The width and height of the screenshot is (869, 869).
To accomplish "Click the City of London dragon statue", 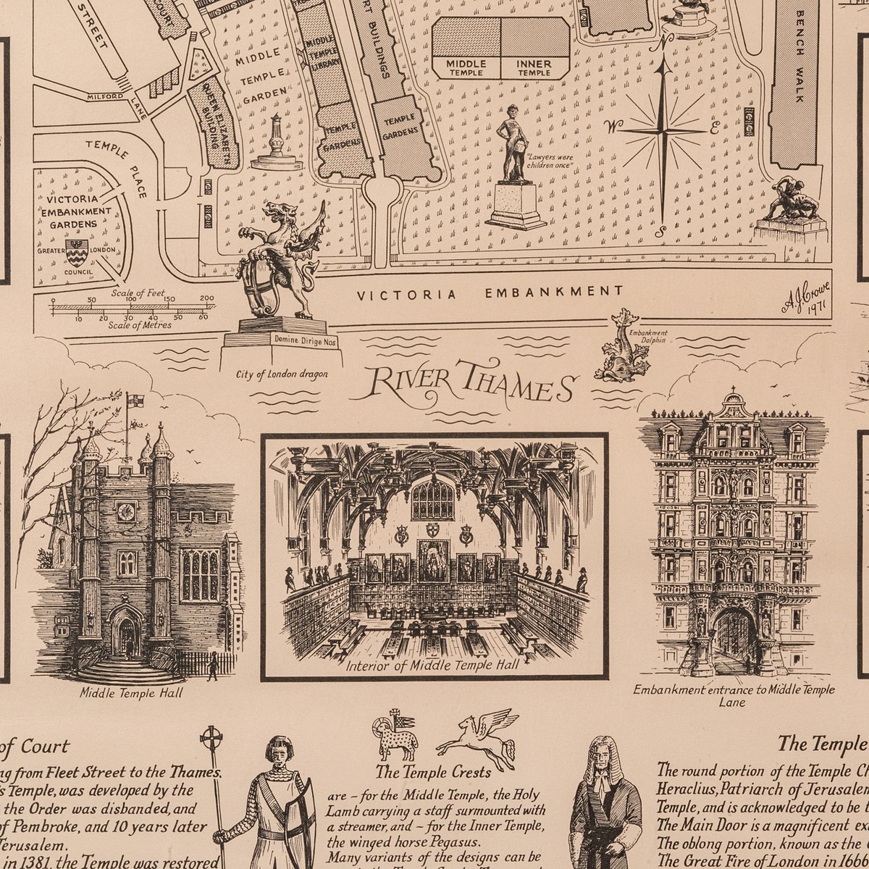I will pos(279,261).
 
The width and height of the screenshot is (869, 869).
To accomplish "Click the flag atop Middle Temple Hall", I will pos(135,400).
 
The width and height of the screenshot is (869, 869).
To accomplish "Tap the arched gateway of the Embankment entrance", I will pos(733,637).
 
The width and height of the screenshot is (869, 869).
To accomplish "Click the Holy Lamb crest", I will pos(395,736).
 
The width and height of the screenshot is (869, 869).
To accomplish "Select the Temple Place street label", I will pos(117,168).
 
